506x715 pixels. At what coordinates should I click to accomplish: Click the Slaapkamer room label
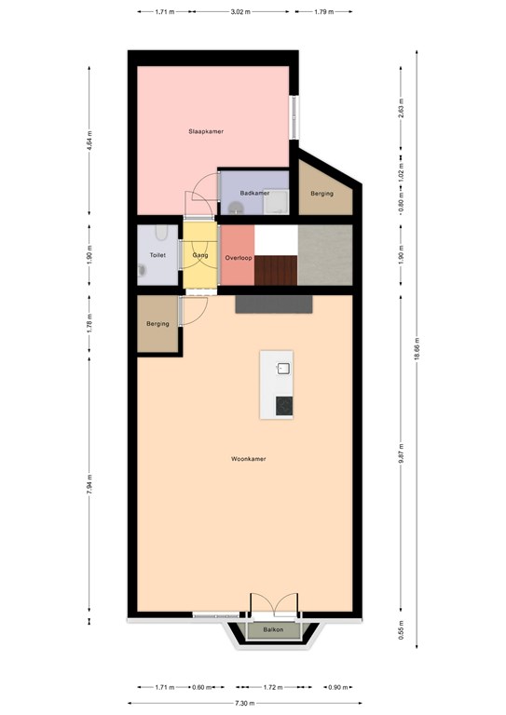pos(206,131)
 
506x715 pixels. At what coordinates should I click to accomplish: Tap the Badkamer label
pos(254,193)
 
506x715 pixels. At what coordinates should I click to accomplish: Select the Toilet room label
pos(157,255)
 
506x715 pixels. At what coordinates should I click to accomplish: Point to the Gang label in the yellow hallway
pos(200,255)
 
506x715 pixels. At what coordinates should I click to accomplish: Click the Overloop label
pos(239,258)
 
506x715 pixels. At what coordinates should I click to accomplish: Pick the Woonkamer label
pos(249,459)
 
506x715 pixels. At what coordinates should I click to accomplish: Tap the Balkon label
pos(273,629)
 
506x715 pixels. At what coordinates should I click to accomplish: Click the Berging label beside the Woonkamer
pos(157,324)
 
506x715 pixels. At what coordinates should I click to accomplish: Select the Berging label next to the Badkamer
pos(322,194)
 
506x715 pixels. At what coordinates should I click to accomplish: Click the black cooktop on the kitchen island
pos(284,406)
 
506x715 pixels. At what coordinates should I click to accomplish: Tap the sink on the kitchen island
pos(284,368)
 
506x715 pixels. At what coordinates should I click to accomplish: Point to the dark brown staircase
pos(276,270)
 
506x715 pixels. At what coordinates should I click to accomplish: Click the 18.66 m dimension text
pos(417,349)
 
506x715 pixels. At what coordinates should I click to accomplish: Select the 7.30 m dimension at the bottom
pos(244,703)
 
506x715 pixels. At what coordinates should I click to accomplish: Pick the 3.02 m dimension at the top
pos(240,12)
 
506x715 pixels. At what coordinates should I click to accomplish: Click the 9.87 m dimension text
pos(401,453)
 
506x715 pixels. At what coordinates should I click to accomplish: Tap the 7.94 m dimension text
pos(89,484)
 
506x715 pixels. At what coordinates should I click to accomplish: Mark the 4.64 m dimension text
pos(89,141)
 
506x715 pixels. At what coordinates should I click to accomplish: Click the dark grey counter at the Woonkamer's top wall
pos(274,304)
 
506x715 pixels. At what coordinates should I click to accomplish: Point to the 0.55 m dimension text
pos(401,629)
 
